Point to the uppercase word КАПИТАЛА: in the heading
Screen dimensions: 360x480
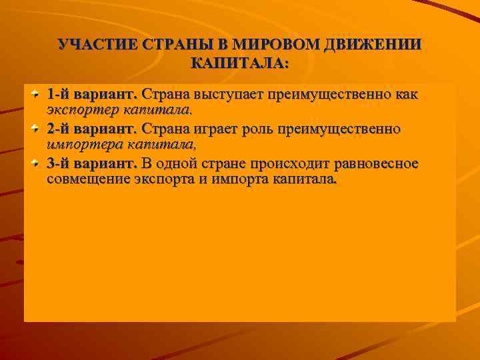point(240,64)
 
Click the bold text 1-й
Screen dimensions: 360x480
point(59,94)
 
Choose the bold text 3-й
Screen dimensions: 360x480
point(59,163)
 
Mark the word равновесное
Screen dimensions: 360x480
point(379,163)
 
